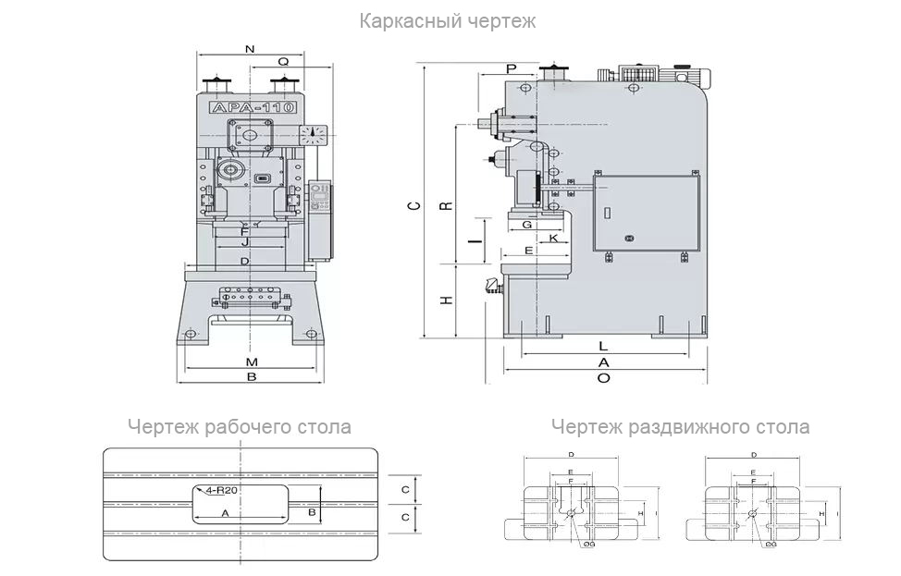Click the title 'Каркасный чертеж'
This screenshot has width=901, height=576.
tap(448, 20)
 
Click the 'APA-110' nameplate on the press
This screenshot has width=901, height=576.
tap(252, 108)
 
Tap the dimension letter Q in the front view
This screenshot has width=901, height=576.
tap(284, 61)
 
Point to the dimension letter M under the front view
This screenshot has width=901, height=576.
tap(251, 361)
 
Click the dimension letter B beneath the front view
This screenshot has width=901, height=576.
tap(251, 376)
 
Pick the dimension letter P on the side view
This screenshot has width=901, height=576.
tap(512, 69)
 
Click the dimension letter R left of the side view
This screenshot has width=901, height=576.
tap(446, 204)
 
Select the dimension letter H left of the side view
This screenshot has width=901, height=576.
tap(446, 300)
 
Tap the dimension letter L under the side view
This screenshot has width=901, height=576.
tap(603, 346)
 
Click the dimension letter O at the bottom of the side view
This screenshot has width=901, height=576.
tap(603, 377)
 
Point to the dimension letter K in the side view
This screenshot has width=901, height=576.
tap(553, 239)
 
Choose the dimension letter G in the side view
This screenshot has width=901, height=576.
tap(525, 225)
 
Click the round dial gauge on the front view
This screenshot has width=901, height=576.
tap(315, 134)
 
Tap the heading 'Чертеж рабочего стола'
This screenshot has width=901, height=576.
tap(240, 427)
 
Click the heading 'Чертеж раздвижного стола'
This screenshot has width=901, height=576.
tap(680, 427)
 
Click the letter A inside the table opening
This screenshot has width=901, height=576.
tap(225, 511)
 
